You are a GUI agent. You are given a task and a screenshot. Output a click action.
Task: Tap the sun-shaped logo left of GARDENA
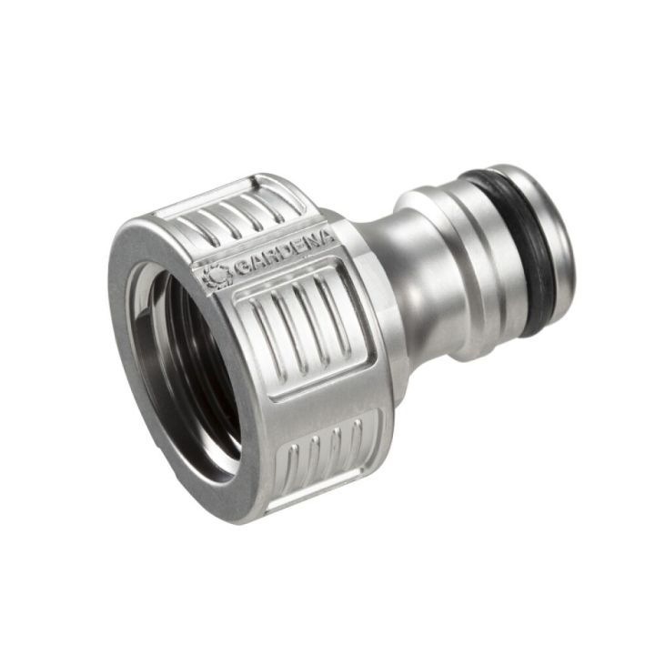(x=216, y=275)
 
